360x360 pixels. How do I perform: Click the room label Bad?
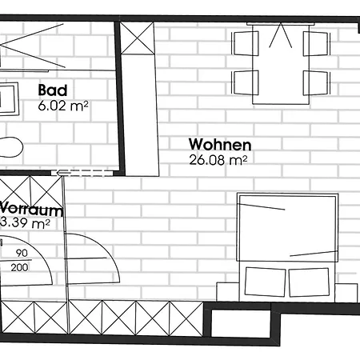(x=53, y=90)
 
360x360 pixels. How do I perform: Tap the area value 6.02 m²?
(x=63, y=104)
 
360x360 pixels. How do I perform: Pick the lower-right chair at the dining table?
(x=317, y=81)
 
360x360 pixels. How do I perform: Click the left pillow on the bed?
(x=266, y=282)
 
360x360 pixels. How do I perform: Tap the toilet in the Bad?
(x=10, y=147)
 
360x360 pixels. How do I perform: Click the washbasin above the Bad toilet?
(x=10, y=99)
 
